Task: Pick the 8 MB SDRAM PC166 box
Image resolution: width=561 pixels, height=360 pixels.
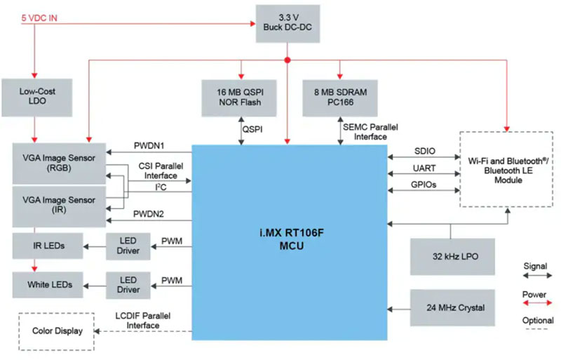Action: [x=340, y=97]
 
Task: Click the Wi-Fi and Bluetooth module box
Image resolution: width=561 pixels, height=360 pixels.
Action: [x=501, y=169]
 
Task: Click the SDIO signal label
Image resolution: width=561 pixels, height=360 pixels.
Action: [x=425, y=150]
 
